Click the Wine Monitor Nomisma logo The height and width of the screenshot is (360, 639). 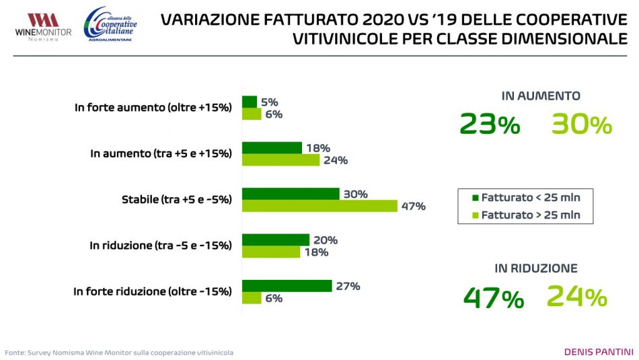point(43,26)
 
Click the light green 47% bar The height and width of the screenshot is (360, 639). point(319,206)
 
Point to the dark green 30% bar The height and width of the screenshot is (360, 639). point(291,194)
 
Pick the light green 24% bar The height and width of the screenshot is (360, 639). point(280,160)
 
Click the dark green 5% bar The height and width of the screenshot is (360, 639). point(250,102)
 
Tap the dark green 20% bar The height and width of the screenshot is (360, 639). point(276,240)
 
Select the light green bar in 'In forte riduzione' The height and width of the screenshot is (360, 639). point(252,298)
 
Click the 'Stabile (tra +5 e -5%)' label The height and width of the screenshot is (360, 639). point(176,199)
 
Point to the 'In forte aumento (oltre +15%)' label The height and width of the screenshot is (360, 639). point(153,107)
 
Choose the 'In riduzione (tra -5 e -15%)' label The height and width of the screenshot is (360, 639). point(161,246)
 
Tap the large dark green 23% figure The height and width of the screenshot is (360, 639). point(490,124)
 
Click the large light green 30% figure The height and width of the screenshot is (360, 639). point(581,124)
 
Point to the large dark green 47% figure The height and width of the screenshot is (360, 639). point(493,298)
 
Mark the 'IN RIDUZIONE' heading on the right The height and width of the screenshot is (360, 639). point(536,268)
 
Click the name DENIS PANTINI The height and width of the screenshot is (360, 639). point(598,352)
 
